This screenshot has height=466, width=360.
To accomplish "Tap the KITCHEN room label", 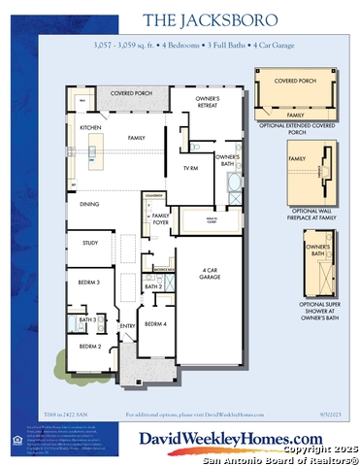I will point(89,127).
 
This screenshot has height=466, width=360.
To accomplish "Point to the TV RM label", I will point(190,168).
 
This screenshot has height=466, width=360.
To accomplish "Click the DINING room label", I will point(89,204).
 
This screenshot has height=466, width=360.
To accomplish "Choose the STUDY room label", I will point(90,243).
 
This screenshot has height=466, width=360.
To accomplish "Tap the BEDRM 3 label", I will point(89,283).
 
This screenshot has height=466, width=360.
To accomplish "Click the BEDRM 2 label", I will point(89,346).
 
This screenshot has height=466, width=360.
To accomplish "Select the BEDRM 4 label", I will point(155,323).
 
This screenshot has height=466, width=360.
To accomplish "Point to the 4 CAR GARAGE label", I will point(209,273).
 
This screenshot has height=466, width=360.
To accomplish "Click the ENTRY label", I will point(127,326).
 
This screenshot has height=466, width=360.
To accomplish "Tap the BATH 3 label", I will point(87,318).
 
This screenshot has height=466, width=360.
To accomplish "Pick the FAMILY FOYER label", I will point(160,217).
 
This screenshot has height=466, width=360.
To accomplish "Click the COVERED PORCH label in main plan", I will point(129,93).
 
